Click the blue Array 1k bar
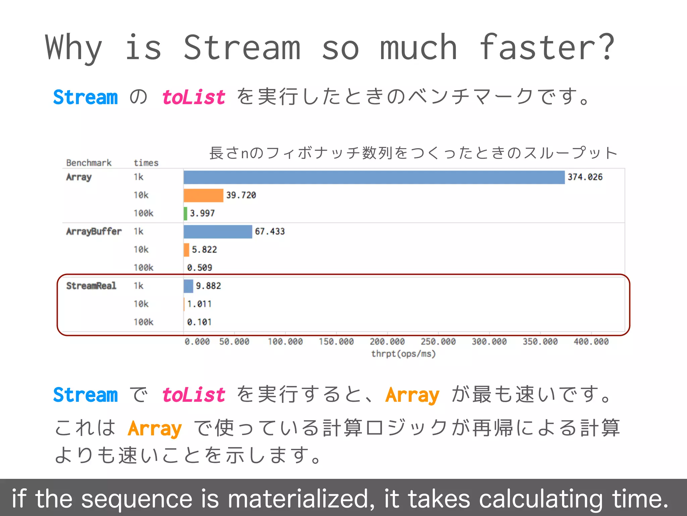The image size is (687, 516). [374, 177]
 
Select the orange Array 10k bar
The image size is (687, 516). [203, 196]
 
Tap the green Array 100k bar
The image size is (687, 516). [186, 214]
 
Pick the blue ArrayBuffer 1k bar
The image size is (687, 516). [218, 232]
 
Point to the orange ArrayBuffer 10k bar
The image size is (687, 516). [187, 250]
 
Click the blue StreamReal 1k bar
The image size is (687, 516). [188, 286]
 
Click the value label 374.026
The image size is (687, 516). [585, 177]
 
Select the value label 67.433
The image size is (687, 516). [270, 231]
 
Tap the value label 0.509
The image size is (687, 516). [200, 268]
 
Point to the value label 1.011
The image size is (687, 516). [200, 304]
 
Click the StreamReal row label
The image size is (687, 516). [91, 286]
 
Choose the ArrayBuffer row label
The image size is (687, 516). [94, 231]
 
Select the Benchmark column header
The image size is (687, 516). [89, 163]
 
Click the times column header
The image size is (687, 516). [146, 163]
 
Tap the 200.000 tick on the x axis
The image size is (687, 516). [387, 342]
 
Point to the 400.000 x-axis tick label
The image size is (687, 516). [591, 342]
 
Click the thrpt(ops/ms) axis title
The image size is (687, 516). [403, 354]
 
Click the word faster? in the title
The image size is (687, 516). [547, 48]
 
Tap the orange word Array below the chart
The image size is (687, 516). [412, 395]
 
